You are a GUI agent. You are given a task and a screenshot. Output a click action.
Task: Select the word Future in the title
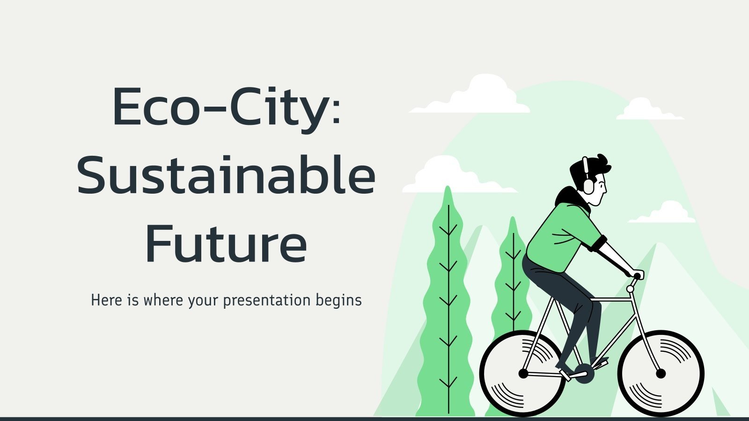(226, 243)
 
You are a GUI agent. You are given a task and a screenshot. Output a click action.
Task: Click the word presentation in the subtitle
(266, 300)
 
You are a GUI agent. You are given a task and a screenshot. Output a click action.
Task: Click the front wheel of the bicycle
(661, 373)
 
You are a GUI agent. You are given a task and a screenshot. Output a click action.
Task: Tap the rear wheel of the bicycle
(523, 373)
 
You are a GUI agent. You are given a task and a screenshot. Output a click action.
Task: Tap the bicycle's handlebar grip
(638, 275)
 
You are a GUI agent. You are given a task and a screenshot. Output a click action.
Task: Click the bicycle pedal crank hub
(584, 373)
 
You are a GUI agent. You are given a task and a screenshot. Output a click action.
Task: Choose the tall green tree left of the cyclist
(448, 304)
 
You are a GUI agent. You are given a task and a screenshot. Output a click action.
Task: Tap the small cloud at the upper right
(648, 110)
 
